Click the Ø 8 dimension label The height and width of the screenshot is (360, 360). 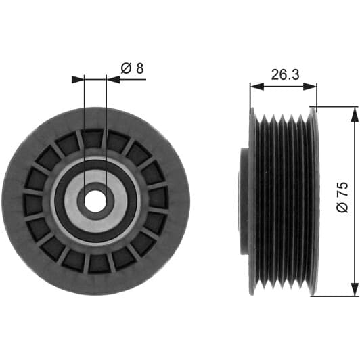[x=132, y=68]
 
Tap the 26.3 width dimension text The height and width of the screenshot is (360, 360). [x=285, y=74]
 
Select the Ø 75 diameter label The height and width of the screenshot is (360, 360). [x=342, y=197]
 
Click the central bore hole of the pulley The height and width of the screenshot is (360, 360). [x=95, y=202]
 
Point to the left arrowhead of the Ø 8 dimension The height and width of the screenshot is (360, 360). [x=78, y=79]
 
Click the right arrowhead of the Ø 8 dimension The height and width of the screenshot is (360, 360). [x=113, y=79]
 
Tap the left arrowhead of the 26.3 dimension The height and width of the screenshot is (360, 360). [x=256, y=87]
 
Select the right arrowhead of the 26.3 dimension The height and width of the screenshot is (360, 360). [x=311, y=87]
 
